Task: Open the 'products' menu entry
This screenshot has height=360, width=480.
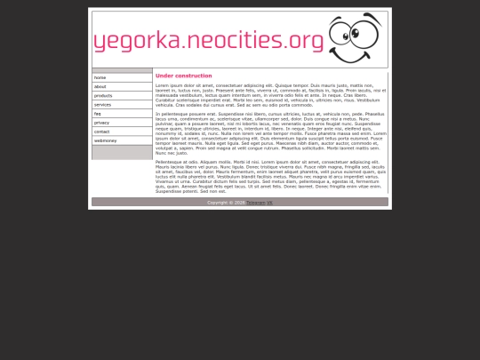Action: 103,95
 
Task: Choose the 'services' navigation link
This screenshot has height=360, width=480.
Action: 103,104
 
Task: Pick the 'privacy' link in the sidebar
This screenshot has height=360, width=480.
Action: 102,122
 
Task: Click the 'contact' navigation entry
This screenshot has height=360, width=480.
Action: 102,131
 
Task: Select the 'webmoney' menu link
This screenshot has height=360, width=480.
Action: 106,140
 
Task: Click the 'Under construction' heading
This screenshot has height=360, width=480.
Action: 183,76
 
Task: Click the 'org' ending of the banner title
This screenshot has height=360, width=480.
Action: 307,41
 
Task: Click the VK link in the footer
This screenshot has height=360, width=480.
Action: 269,203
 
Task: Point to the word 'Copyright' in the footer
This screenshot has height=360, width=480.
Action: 219,203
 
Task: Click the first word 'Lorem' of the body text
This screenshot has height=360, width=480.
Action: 162,84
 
